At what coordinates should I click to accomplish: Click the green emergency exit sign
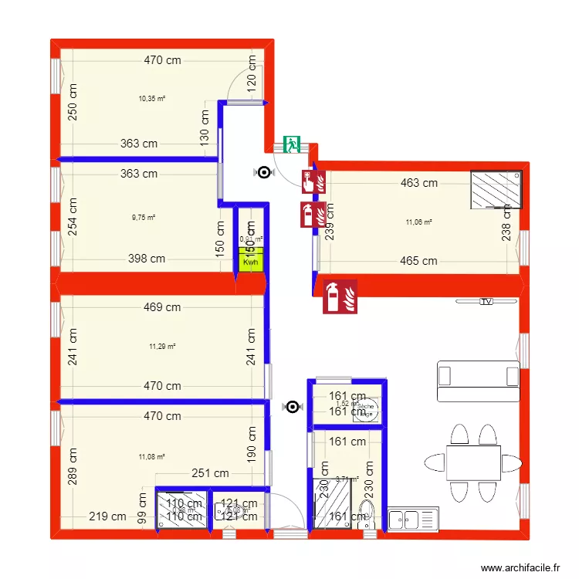pyautogui.click(x=292, y=144)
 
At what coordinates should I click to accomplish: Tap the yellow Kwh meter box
pyautogui.click(x=250, y=262)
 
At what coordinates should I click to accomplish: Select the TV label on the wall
pyautogui.click(x=486, y=302)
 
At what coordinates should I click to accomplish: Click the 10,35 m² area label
pyautogui.click(x=152, y=99)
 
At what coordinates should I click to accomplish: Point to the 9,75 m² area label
pyautogui.click(x=144, y=218)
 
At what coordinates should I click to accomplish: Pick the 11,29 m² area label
pyautogui.click(x=162, y=346)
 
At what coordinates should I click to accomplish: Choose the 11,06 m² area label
pyautogui.click(x=418, y=223)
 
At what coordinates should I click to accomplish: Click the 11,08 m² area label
pyautogui.click(x=151, y=457)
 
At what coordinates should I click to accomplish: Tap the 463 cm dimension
pyautogui.click(x=419, y=183)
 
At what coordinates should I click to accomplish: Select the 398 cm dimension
pyautogui.click(x=147, y=259)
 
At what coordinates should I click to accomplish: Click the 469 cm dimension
pyautogui.click(x=162, y=307)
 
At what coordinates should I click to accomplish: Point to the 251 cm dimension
pyautogui.click(x=210, y=473)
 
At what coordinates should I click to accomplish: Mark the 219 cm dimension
pyautogui.click(x=107, y=517)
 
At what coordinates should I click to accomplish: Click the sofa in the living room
pyautogui.click(x=478, y=381)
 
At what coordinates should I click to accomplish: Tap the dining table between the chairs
pyautogui.click(x=473, y=462)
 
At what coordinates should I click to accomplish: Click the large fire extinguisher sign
pyautogui.click(x=340, y=296)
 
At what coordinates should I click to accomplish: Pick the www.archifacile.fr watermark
pyautogui.click(x=520, y=567)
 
